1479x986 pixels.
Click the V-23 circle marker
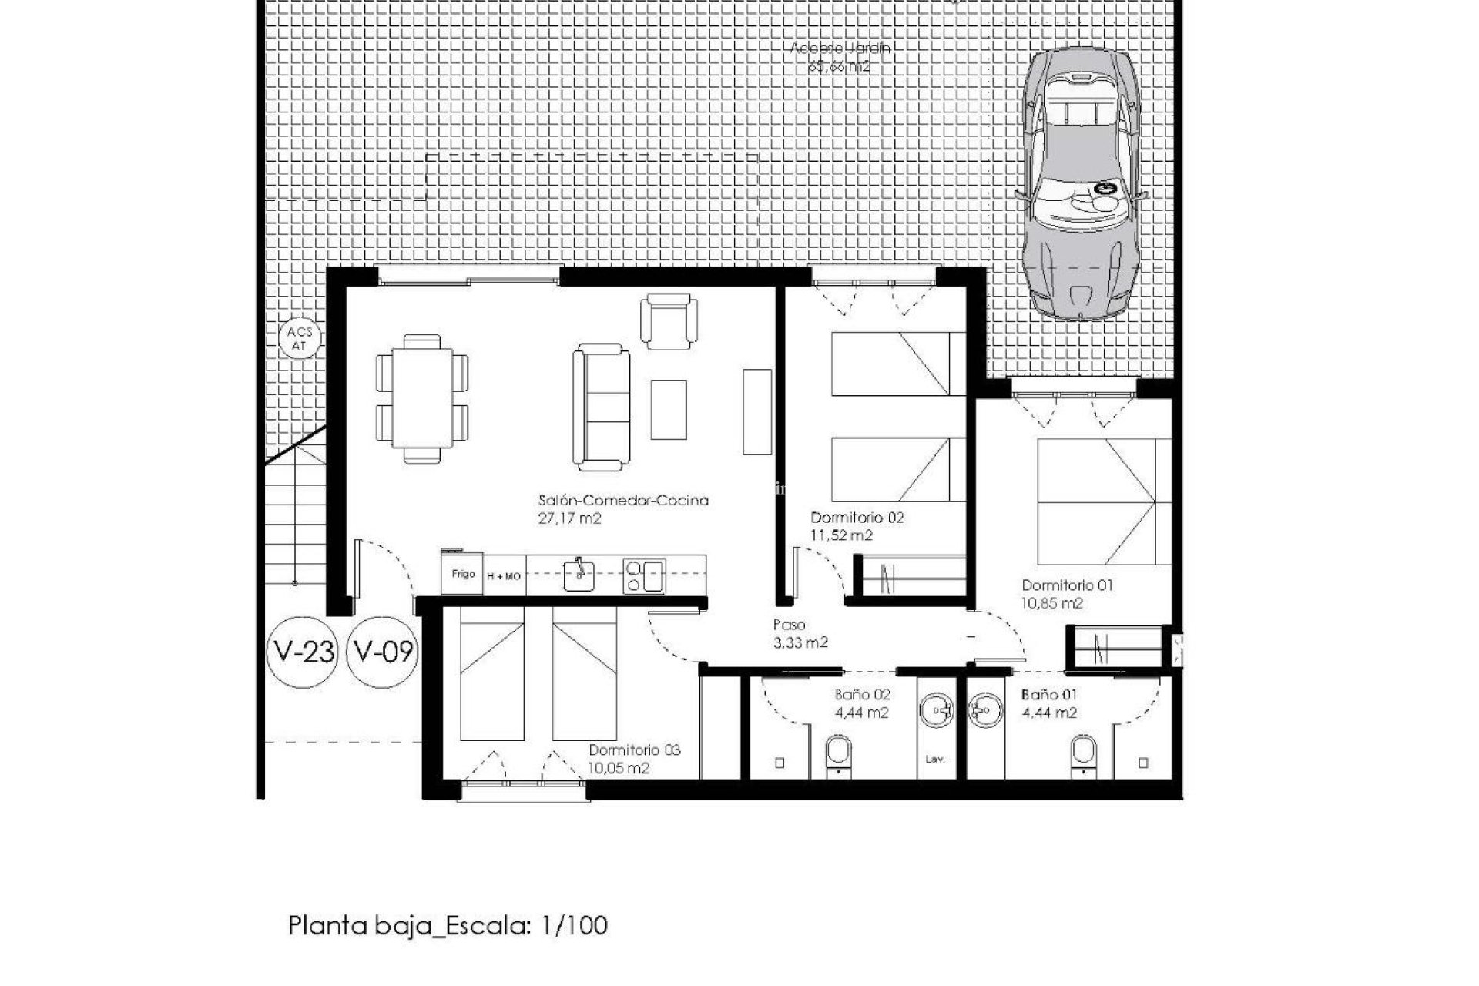pyautogui.click(x=302, y=652)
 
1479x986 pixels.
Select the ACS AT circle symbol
pyautogui.click(x=299, y=339)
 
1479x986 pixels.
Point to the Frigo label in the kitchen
pyautogui.click(x=462, y=574)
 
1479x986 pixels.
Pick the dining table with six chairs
pyautogui.click(x=421, y=398)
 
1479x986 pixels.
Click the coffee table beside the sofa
pyautogui.click(x=668, y=410)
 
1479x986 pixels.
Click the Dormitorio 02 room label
pyautogui.click(x=857, y=518)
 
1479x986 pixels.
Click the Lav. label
pyautogui.click(x=934, y=760)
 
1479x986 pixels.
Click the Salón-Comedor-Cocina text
pyautogui.click(x=622, y=501)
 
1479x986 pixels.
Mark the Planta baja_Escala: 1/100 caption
pyautogui.click(x=448, y=925)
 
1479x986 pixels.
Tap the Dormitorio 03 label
pyautogui.click(x=634, y=750)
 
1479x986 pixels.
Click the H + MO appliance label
pyautogui.click(x=503, y=576)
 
